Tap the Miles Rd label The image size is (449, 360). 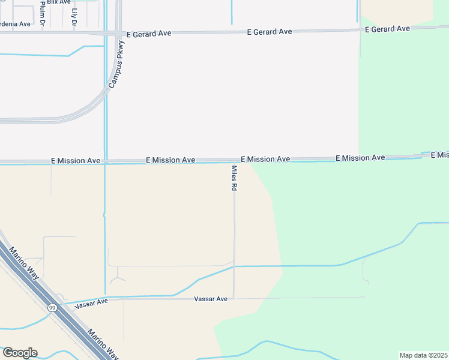point(234,179)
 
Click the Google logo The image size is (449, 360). point(20,353)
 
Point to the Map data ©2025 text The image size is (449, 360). point(423,355)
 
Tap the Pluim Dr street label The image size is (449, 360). point(43,13)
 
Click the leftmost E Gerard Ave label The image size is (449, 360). point(149,34)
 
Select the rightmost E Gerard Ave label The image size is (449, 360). point(387,29)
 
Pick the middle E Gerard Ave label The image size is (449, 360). point(270,31)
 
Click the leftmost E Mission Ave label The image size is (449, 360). point(76,161)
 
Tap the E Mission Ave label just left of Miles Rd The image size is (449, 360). point(170,160)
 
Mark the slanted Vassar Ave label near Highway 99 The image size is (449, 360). point(91,304)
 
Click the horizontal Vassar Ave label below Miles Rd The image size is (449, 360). point(211,299)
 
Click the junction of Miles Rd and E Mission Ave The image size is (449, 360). point(234,161)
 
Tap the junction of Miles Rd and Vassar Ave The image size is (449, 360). point(234,298)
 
